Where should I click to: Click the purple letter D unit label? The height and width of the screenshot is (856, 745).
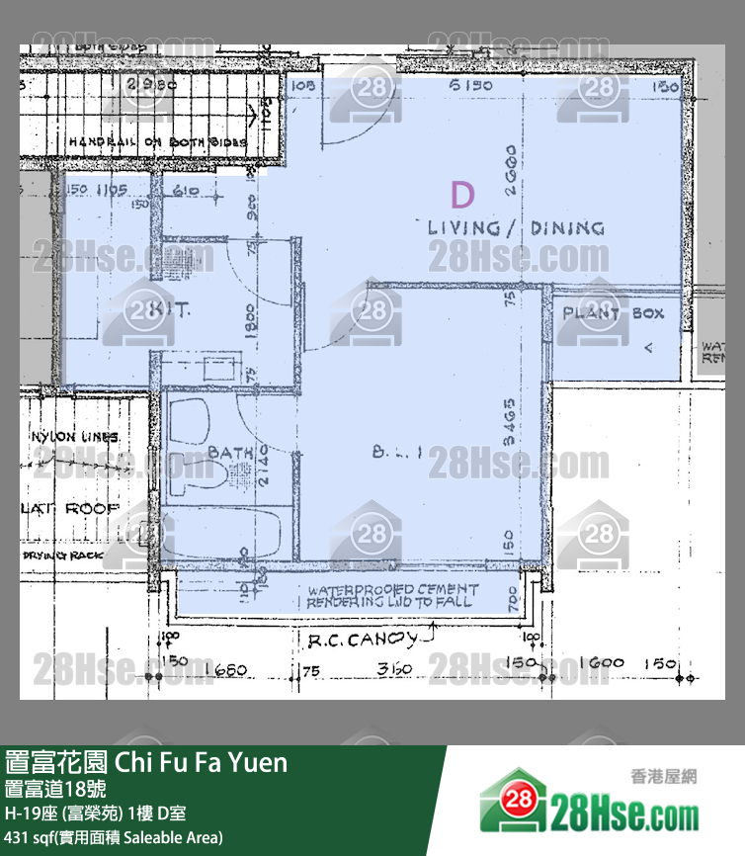click(x=461, y=194)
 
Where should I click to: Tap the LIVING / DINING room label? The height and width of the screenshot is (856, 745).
click(x=516, y=228)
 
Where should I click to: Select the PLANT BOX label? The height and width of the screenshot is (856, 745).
click(x=614, y=313)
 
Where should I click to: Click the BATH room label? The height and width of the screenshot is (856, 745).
click(x=229, y=453)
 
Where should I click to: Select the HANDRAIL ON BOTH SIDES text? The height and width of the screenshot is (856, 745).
click(x=155, y=142)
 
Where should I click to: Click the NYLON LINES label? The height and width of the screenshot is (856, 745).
click(x=75, y=436)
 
